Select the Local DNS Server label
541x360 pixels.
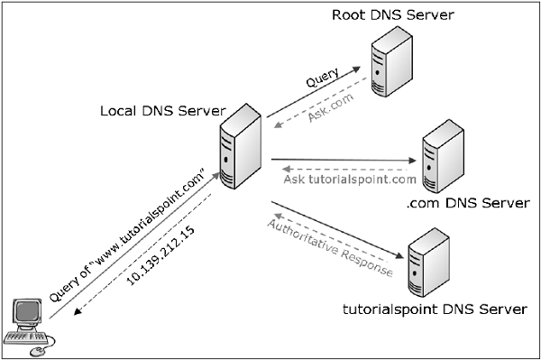(161, 111)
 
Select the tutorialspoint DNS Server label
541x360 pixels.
(435, 309)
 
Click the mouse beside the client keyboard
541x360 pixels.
(40, 348)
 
